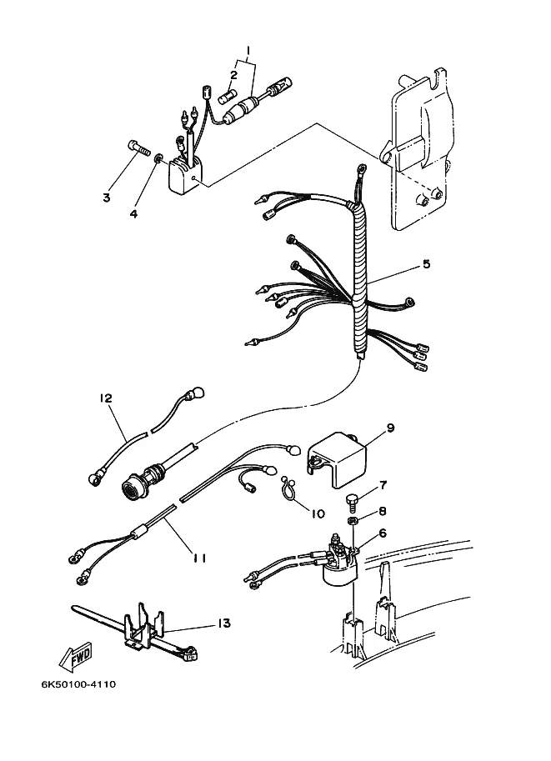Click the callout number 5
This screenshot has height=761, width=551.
tap(426, 264)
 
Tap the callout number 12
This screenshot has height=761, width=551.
tap(105, 398)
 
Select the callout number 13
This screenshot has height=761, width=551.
tap(223, 623)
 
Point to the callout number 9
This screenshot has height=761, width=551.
tap(390, 428)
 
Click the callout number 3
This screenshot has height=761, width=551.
tap(107, 198)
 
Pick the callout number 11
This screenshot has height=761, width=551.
tap(199, 558)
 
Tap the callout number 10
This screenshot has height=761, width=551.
tap(318, 513)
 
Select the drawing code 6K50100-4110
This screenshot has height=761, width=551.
tap(78, 685)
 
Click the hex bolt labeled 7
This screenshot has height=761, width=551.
tap(352, 500)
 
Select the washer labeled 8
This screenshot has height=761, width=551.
tap(353, 521)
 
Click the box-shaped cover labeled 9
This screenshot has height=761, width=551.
tap(336, 460)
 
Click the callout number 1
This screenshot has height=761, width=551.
tap(248, 51)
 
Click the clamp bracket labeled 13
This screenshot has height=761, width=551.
tap(143, 626)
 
